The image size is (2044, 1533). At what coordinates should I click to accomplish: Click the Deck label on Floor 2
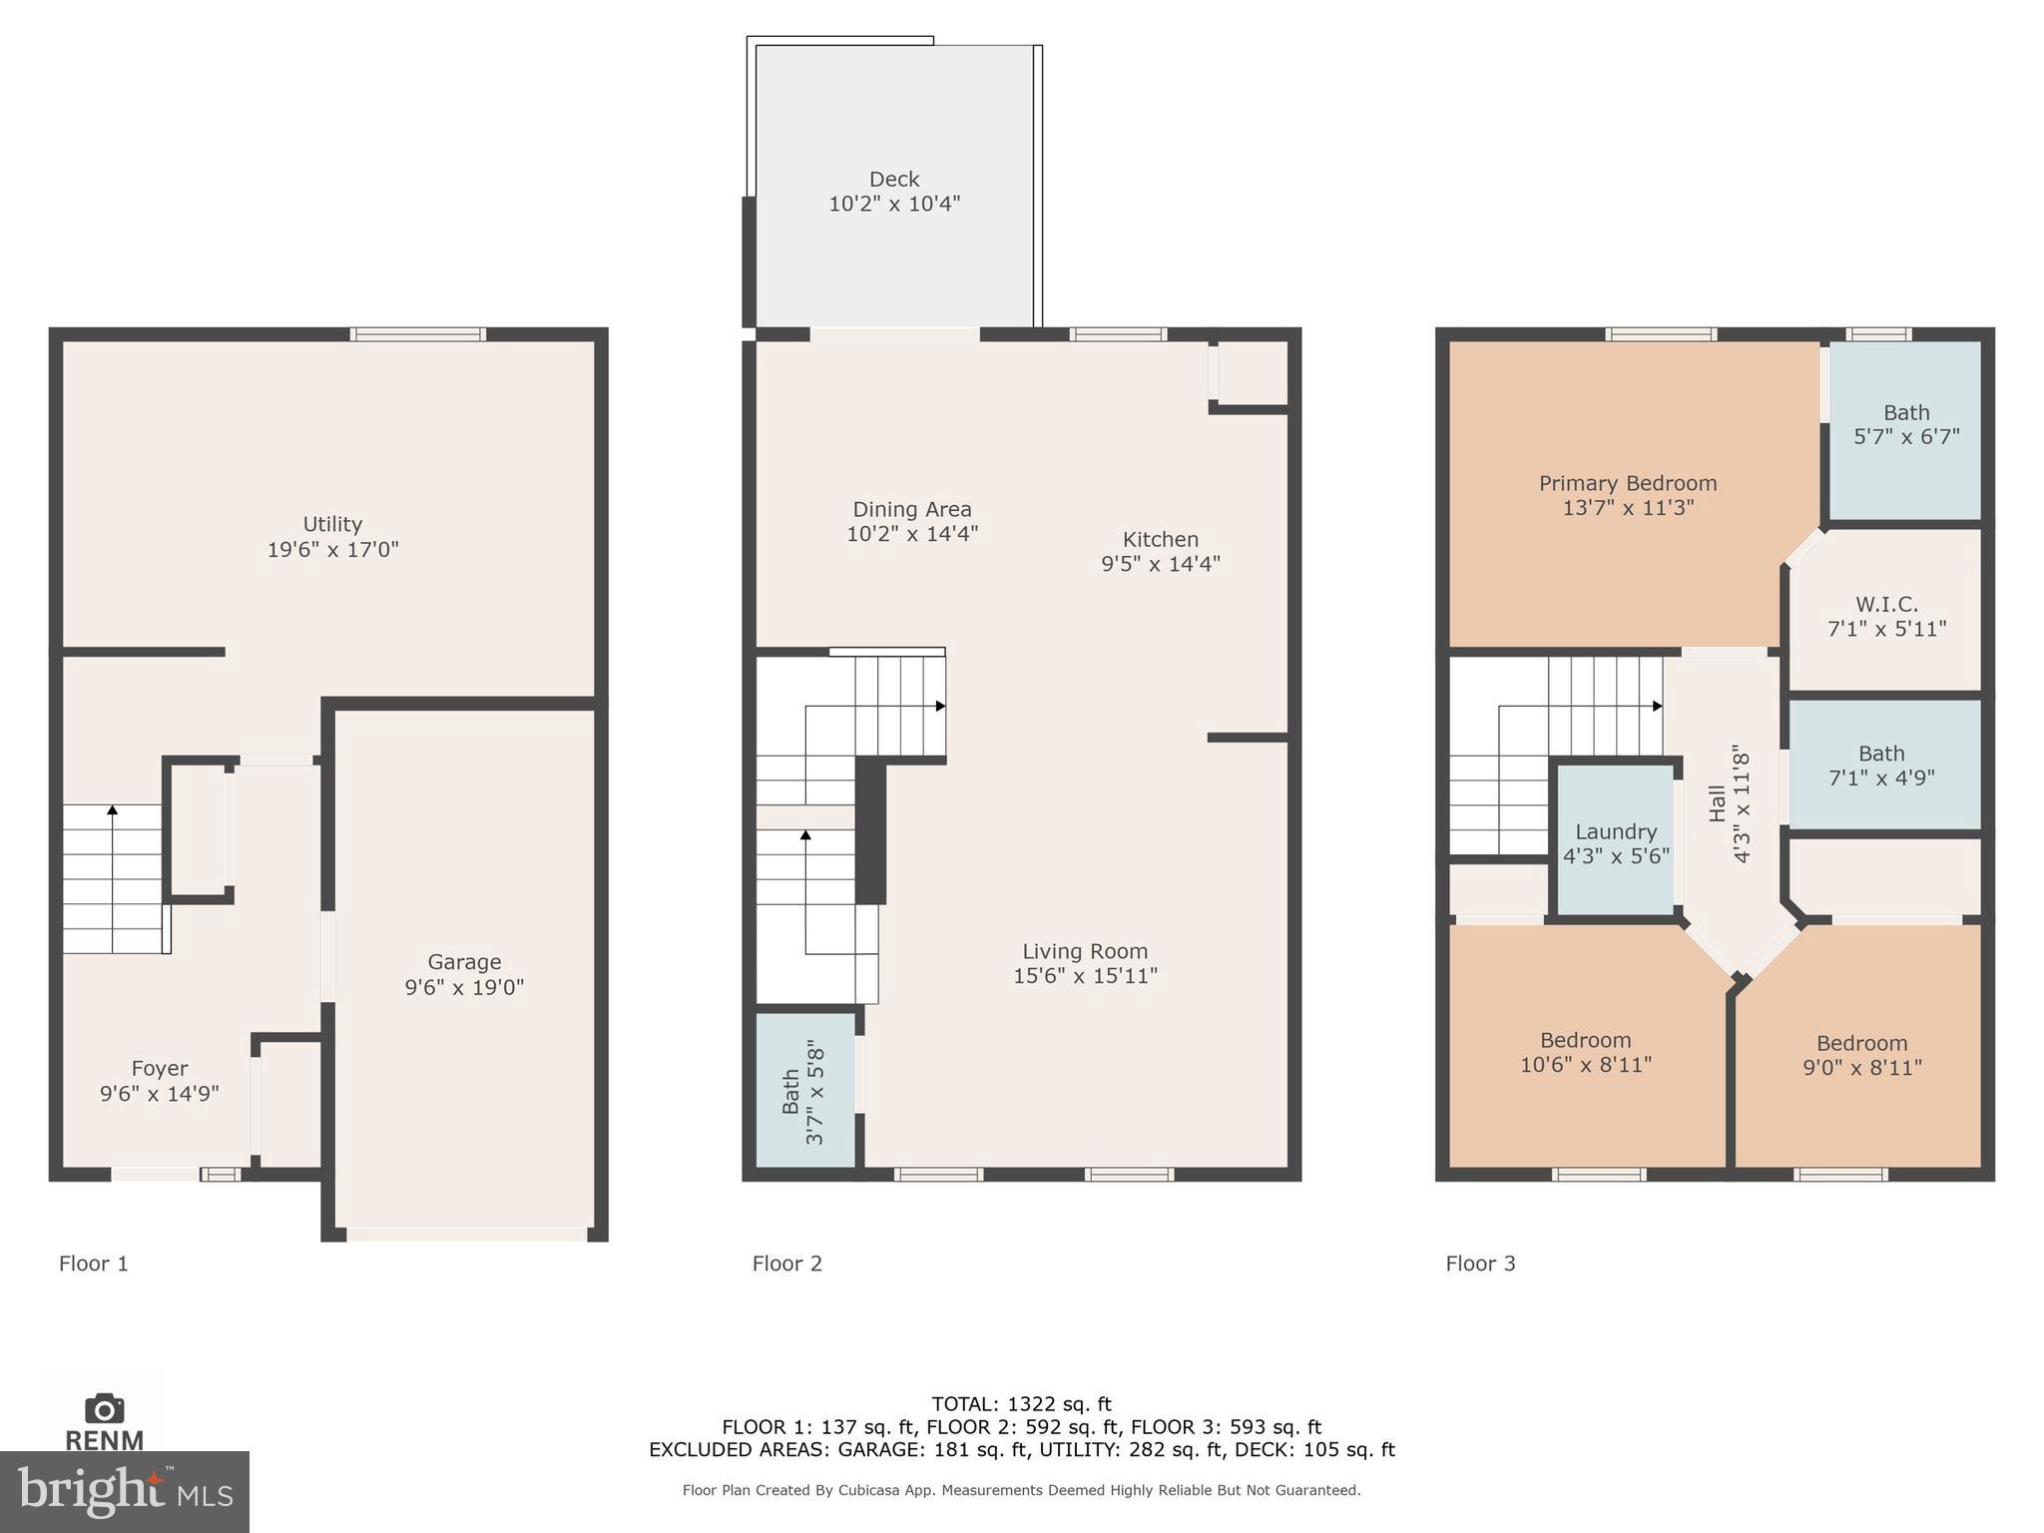(x=893, y=180)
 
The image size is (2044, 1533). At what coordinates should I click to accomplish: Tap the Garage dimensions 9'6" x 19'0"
(x=464, y=987)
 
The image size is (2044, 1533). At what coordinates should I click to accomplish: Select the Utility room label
(x=332, y=524)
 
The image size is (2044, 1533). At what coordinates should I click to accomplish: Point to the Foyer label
(x=160, y=1069)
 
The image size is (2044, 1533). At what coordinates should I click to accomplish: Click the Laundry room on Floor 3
(x=1615, y=843)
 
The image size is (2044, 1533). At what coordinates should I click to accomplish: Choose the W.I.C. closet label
(x=1886, y=605)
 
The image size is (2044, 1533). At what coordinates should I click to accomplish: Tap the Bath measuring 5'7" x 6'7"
(x=1905, y=425)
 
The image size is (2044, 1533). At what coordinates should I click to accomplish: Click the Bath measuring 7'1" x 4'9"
(x=1881, y=766)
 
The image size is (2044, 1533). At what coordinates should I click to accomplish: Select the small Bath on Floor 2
(x=803, y=1092)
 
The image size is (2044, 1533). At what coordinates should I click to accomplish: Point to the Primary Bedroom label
(x=1628, y=483)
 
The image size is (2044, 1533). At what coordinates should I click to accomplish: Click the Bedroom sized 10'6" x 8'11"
(x=1585, y=1052)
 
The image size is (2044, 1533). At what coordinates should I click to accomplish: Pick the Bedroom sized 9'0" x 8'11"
(x=1861, y=1055)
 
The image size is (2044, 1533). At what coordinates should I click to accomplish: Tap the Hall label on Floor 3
(x=1717, y=803)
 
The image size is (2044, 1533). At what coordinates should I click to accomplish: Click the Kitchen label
(x=1160, y=539)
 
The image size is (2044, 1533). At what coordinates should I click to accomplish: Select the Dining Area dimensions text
(x=911, y=534)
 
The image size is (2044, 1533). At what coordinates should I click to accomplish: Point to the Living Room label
(x=1085, y=951)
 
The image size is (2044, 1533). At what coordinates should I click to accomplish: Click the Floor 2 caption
(x=786, y=1264)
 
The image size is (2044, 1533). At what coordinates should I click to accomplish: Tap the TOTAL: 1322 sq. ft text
(x=1021, y=1404)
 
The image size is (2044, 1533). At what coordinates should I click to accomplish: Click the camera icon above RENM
(x=104, y=1408)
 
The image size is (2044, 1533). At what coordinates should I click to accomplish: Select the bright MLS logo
(x=124, y=1491)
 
